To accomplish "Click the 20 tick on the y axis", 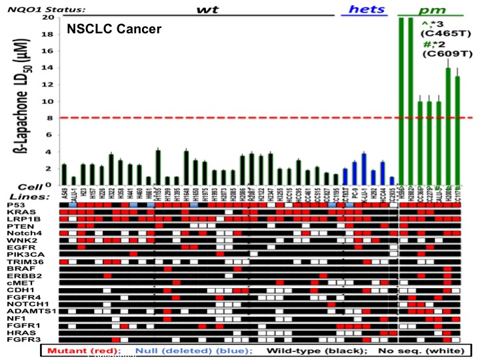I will tap(50, 17).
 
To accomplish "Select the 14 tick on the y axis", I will tap(50, 68).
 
